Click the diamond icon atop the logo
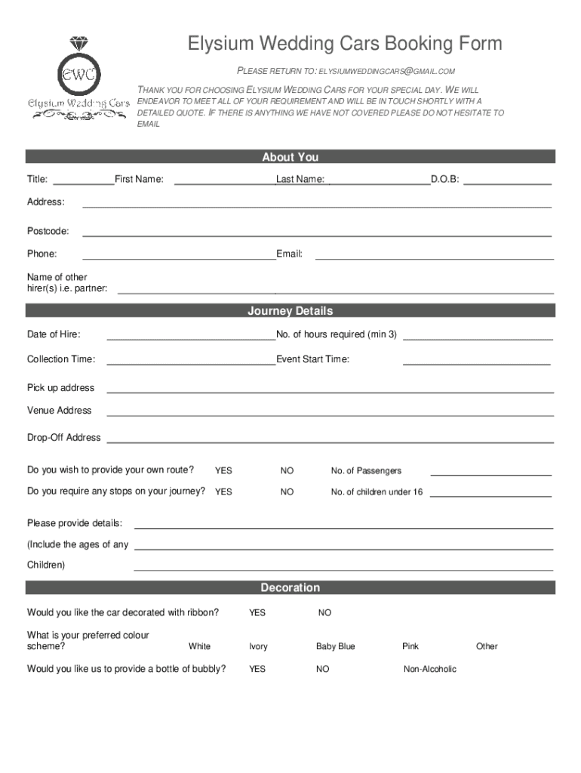point(78,44)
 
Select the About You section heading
point(290,157)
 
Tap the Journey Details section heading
point(290,311)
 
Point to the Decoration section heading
point(290,587)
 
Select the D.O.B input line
point(511,182)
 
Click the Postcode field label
point(48,230)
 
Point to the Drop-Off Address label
point(64,438)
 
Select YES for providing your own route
point(223,471)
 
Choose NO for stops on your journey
point(287,492)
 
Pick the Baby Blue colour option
point(335,647)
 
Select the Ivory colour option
point(258,647)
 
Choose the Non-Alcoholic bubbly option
point(430,670)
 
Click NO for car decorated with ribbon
point(324,613)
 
